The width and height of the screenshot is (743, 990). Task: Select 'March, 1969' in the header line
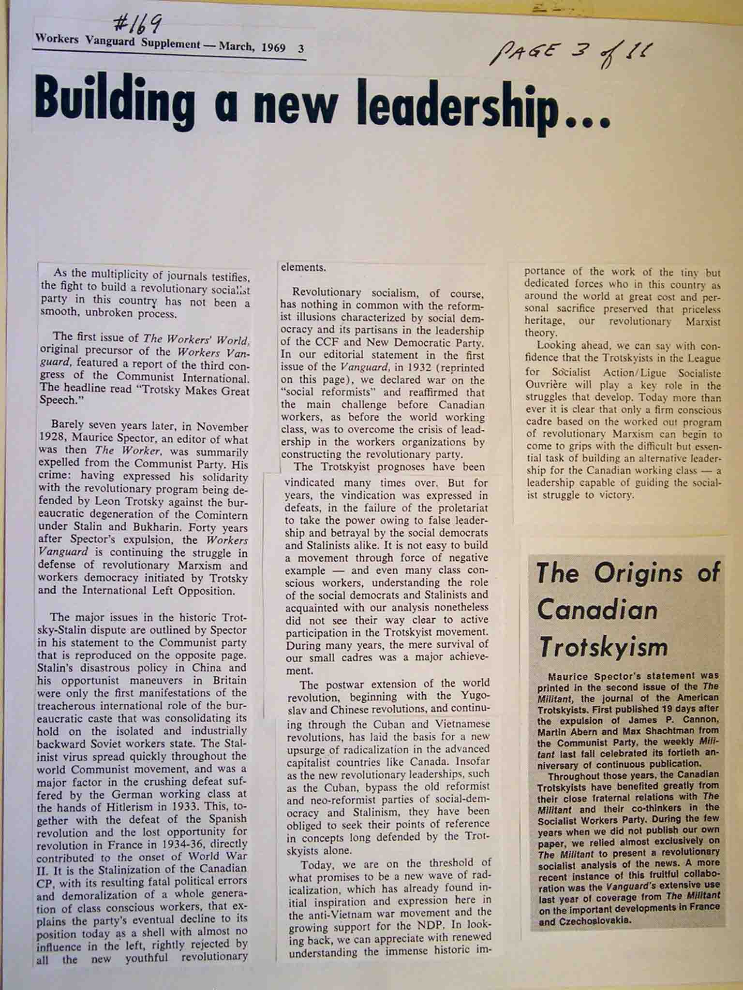[252, 47]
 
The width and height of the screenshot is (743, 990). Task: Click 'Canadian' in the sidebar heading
[597, 610]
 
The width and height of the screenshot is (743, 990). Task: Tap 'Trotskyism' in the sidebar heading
[603, 647]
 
